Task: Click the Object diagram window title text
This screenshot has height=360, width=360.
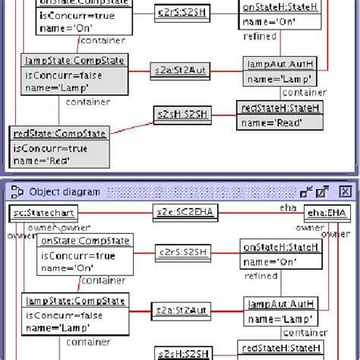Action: coord(64,191)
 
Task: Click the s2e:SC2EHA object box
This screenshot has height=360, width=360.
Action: coord(185,213)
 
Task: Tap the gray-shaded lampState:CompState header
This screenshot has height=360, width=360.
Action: coord(74,61)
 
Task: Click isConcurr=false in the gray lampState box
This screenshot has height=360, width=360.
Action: coord(64,74)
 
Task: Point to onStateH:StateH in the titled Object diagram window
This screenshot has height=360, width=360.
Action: coord(275,245)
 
